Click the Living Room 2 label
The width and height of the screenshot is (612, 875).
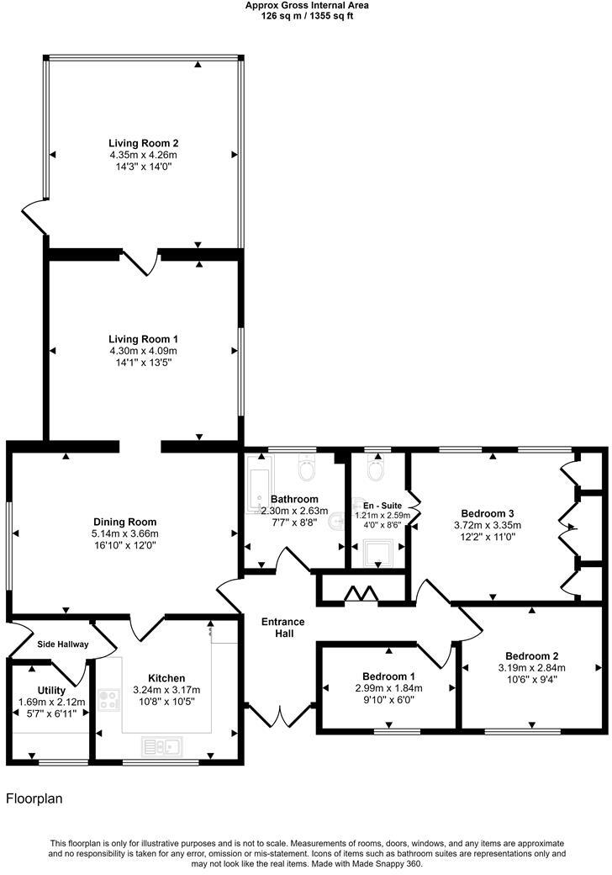[143, 143]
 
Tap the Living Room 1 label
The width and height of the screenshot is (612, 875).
[143, 338]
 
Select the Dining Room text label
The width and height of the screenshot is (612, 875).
[124, 522]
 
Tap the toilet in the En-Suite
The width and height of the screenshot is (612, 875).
[375, 468]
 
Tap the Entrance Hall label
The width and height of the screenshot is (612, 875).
[282, 628]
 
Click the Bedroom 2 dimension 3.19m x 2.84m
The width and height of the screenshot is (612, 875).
[532, 669]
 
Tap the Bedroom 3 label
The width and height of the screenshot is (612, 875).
[488, 513]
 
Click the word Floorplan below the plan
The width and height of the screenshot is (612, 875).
[34, 798]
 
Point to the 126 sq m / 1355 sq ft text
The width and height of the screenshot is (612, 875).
[307, 15]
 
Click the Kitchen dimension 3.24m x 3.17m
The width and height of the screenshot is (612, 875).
[166, 690]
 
